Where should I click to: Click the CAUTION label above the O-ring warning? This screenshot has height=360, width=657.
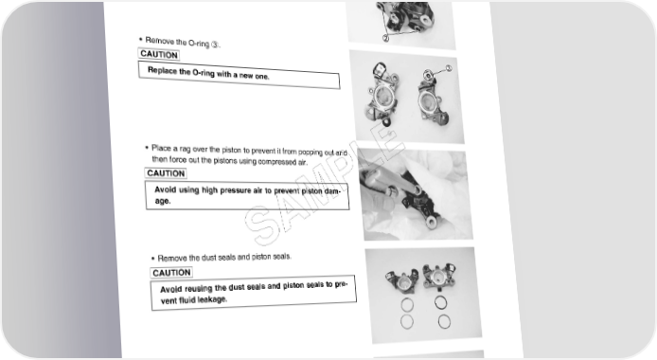pyautogui.click(x=159, y=55)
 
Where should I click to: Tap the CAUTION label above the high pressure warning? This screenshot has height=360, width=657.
pyautogui.click(x=166, y=173)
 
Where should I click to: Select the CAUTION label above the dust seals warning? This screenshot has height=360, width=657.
pyautogui.click(x=171, y=273)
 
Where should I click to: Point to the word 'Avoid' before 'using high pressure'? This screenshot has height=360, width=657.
pyautogui.click(x=165, y=189)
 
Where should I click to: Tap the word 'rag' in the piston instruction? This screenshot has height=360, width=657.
pyautogui.click(x=185, y=149)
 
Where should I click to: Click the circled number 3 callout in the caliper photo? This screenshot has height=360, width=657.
pyautogui.click(x=449, y=68)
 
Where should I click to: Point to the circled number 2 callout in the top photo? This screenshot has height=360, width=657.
pyautogui.click(x=385, y=38)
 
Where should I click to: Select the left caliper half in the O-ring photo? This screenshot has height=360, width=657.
pyautogui.click(x=382, y=94)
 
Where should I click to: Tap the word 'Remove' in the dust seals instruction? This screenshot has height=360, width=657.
pyautogui.click(x=172, y=259)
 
